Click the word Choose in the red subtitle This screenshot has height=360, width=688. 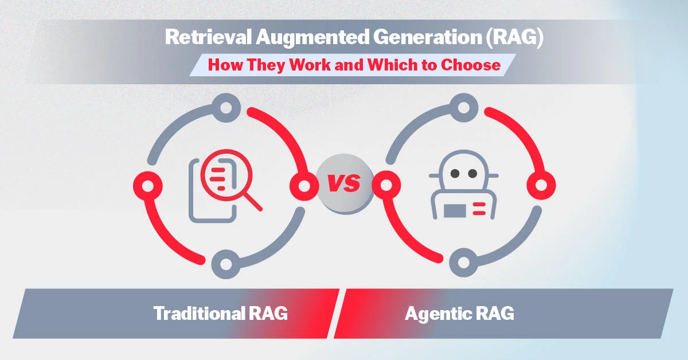(x=471, y=64)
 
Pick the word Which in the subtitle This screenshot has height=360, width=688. (x=379, y=64)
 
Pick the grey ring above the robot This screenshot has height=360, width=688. (x=463, y=107)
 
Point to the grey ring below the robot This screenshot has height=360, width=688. (x=463, y=264)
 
